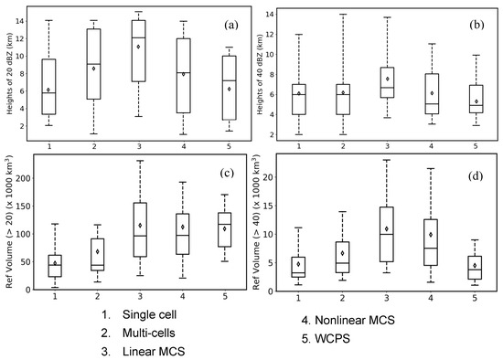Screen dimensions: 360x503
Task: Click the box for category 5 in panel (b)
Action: (x=450, y=99)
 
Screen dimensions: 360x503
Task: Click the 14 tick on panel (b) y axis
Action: (x=276, y=15)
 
